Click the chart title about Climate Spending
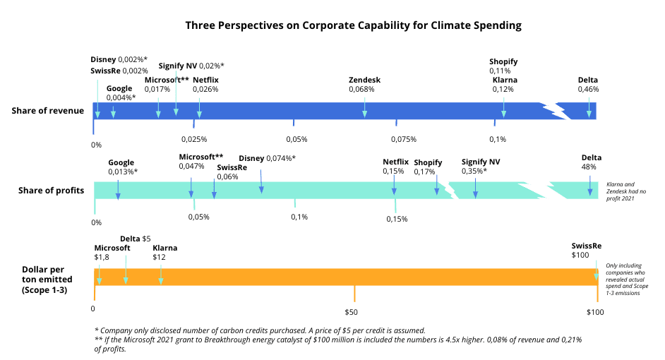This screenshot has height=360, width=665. click(353, 25)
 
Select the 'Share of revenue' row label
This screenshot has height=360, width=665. click(47, 111)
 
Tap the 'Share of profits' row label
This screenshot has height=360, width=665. click(51, 191)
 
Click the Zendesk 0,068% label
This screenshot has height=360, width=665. click(364, 85)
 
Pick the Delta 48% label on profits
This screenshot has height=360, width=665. click(591, 162)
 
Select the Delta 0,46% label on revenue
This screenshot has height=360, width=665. click(587, 85)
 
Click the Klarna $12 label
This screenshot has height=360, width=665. click(164, 253)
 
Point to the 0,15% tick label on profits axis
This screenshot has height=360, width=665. click(397, 219)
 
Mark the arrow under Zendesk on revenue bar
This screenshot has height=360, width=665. click(365, 108)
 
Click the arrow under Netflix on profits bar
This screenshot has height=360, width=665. click(394, 186)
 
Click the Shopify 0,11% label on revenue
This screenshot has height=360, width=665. click(503, 66)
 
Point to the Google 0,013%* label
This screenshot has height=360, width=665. click(122, 167)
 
